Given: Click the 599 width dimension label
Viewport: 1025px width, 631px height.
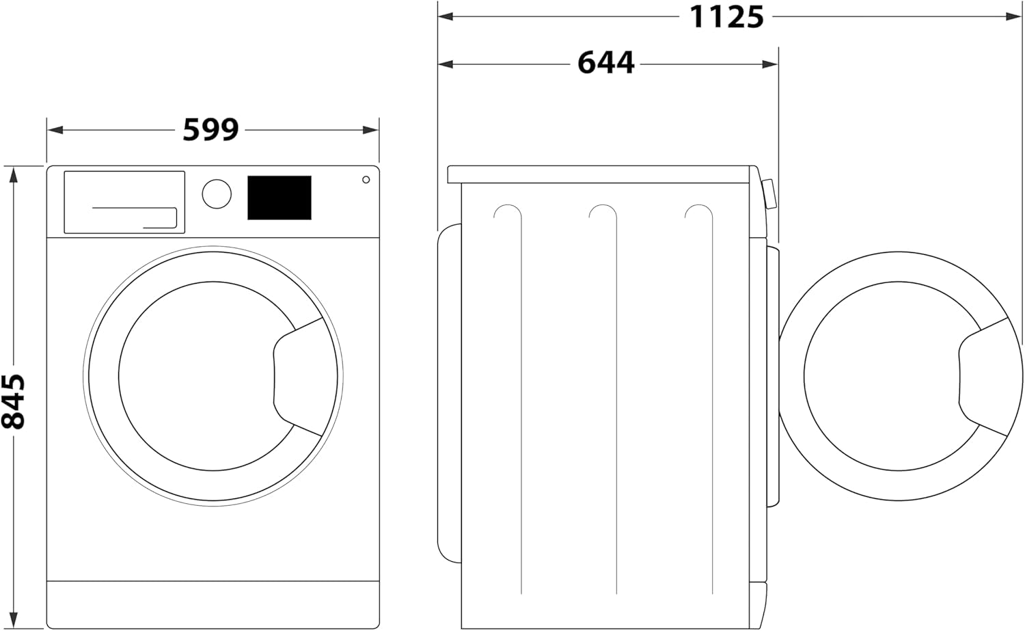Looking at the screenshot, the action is [210, 130].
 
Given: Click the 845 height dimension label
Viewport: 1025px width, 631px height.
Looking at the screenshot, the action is [13, 401].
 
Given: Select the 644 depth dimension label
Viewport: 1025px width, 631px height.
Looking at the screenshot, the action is [606, 63].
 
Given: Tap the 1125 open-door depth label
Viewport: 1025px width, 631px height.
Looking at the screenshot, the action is [726, 17].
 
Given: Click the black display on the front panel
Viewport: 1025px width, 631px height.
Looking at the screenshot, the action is [279, 198].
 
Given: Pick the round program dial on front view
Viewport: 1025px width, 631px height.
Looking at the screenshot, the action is [217, 193].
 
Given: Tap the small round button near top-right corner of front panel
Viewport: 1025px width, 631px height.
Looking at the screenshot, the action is [366, 180].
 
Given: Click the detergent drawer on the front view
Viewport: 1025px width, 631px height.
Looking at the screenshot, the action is [124, 202].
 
